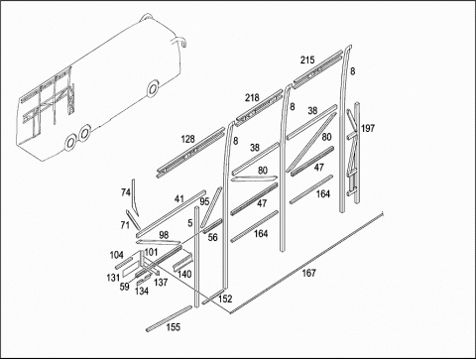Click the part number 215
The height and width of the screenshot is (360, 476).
(307, 60)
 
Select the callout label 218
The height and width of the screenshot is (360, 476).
(252, 98)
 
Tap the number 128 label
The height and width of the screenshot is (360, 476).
(187, 139)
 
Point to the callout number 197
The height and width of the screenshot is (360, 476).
(368, 128)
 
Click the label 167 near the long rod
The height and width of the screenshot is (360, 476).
(308, 273)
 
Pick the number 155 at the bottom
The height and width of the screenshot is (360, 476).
(174, 327)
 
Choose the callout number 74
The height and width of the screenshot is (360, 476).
(126, 192)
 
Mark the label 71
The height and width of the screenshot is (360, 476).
(125, 225)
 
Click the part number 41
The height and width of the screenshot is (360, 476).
(178, 199)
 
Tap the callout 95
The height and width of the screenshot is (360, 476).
(204, 201)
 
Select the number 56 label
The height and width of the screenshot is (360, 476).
(212, 237)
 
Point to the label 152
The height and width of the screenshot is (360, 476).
(225, 299)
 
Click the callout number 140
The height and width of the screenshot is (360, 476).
(184, 274)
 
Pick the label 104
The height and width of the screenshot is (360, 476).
(116, 255)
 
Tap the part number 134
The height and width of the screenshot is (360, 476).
(142, 292)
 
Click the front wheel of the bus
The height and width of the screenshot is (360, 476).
(153, 88)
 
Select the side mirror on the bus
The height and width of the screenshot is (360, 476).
(178, 42)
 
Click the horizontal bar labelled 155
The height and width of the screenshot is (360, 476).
(169, 318)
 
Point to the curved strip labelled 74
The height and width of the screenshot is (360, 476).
(135, 197)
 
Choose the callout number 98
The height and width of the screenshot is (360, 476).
(164, 235)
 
